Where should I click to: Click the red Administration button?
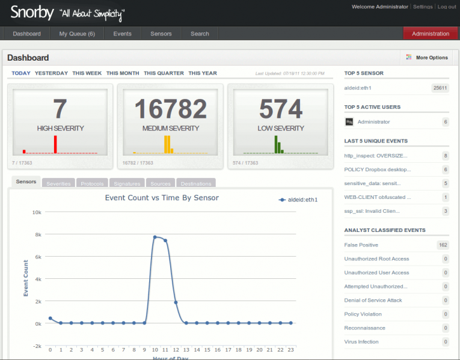click(431, 34)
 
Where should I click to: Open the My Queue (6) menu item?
click(77, 34)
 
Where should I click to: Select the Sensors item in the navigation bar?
click(161, 34)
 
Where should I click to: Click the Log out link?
click(446, 7)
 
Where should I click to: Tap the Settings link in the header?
click(423, 7)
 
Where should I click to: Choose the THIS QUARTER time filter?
click(164, 73)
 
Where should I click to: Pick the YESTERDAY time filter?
click(51, 73)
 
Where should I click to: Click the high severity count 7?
click(60, 109)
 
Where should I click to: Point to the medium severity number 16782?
click(170, 109)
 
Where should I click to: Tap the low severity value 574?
click(281, 109)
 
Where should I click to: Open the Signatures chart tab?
click(127, 184)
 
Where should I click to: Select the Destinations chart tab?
click(195, 184)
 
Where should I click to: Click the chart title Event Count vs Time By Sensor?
click(162, 197)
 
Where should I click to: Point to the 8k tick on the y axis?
click(37, 234)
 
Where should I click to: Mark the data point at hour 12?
click(176, 302)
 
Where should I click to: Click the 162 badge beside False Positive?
click(443, 245)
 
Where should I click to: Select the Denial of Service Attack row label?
click(373, 300)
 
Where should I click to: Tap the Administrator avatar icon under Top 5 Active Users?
click(349, 122)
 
